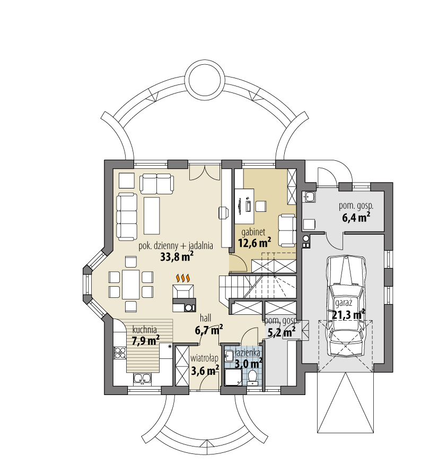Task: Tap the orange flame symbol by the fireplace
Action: [183, 278]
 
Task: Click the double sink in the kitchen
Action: [142, 378]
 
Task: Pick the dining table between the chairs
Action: [130, 284]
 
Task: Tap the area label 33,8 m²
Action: [176, 257]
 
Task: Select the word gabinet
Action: [253, 233]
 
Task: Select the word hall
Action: [206, 318]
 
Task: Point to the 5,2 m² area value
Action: [281, 332]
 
